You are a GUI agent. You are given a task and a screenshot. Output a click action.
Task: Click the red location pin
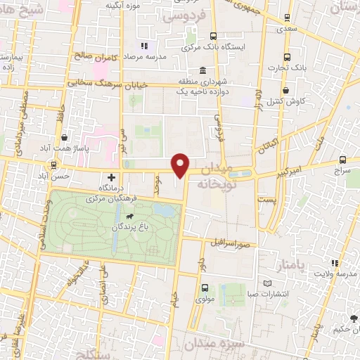point(181,165)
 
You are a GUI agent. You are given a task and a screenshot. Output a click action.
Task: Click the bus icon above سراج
point(342,160)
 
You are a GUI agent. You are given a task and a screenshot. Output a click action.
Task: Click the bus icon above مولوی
point(205,287)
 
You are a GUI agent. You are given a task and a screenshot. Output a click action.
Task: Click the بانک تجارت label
point(287,68)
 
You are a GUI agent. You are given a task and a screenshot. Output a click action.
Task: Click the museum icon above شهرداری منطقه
point(202,71)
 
